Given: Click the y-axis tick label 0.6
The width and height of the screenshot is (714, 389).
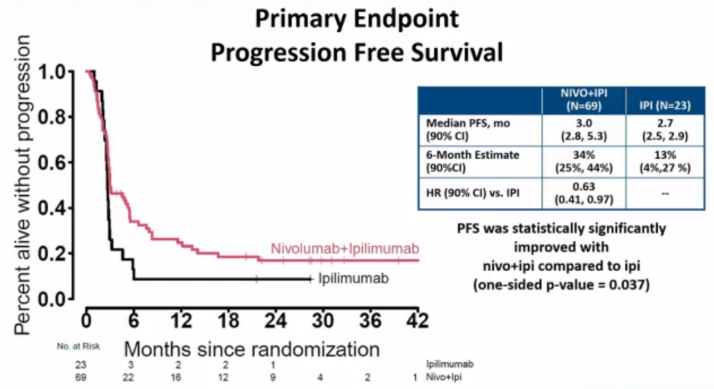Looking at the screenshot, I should coord(59,163).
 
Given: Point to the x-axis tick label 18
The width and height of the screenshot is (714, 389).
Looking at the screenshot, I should coord(229,319).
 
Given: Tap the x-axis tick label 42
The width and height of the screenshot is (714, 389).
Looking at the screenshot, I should coord(416,319).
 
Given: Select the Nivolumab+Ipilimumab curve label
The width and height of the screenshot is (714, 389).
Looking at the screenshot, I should coord(354,249).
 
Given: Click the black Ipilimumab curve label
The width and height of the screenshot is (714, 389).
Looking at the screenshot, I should coord(353,278).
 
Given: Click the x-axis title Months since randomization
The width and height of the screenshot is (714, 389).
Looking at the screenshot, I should coord(252,349).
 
